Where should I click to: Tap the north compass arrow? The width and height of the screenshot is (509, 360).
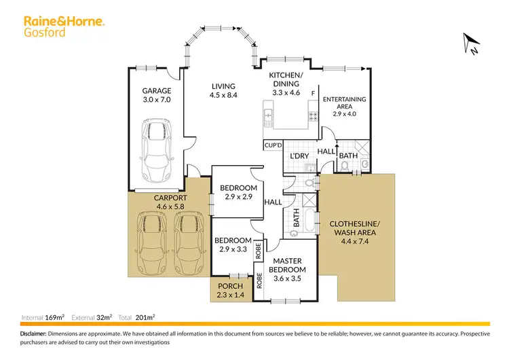click(x=469, y=43)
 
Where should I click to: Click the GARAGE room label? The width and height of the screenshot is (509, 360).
click(x=156, y=95)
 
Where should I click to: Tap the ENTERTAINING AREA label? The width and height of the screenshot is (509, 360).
click(x=344, y=107)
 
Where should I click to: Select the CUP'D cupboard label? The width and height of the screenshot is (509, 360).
click(x=273, y=145)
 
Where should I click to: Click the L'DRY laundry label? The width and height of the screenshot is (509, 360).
click(x=299, y=157)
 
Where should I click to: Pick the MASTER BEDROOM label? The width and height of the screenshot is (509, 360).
click(x=289, y=265)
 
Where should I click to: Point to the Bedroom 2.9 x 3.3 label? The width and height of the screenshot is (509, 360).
click(x=233, y=245)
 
